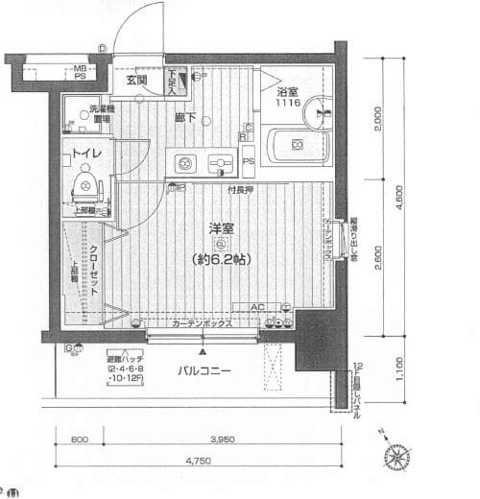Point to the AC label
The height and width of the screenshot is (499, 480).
point(257,308)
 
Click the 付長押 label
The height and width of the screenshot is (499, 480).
point(240,190)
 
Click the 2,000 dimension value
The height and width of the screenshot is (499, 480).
point(379,121)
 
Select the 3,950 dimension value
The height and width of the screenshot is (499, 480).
point(223,440)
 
